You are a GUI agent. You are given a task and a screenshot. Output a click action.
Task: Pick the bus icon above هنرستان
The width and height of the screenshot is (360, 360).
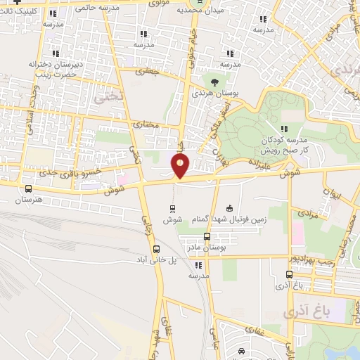[x=28, y=188]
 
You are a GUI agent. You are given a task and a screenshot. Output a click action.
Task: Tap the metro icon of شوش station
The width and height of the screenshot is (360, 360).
[x=172, y=208]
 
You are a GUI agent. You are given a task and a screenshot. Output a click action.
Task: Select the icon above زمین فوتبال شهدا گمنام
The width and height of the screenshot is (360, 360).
[x=229, y=208]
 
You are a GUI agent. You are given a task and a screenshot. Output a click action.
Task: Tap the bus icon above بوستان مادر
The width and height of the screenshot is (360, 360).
[x=207, y=236]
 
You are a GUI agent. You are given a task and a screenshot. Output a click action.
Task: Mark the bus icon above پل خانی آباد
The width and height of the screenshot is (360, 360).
[x=156, y=248]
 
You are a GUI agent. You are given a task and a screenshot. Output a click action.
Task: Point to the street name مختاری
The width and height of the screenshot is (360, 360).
[x=147, y=124]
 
